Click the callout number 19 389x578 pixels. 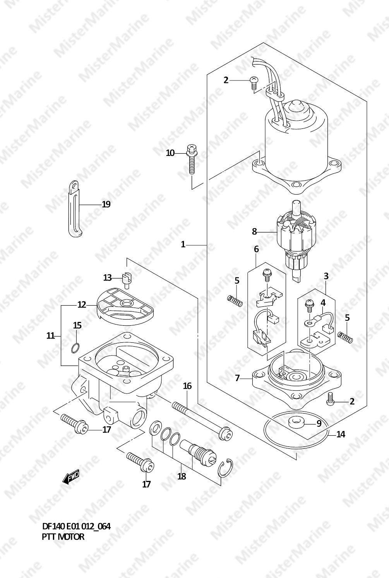click(x=106, y=204)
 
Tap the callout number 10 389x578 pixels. click(x=170, y=153)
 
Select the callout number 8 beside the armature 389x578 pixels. click(x=254, y=232)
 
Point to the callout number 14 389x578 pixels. click(x=341, y=434)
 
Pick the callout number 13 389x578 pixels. click(x=107, y=278)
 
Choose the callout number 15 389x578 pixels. click(x=77, y=325)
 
